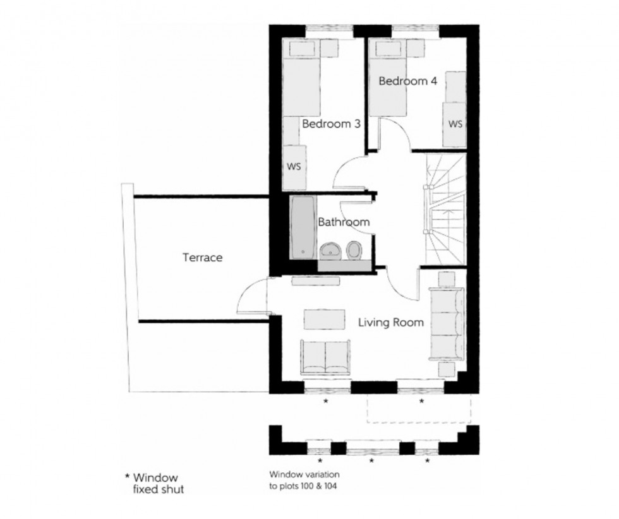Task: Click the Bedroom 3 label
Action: (331, 124)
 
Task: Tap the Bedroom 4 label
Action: (407, 81)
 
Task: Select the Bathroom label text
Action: (343, 222)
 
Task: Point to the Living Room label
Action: (390, 323)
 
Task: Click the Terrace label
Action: (202, 258)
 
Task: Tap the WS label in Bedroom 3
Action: (294, 167)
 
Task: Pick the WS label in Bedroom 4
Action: (455, 124)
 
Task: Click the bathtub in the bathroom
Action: (303, 228)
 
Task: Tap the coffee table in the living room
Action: (325, 318)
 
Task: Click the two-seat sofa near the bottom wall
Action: (325, 359)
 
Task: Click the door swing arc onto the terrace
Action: (252, 297)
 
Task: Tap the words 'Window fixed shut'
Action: (155, 483)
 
